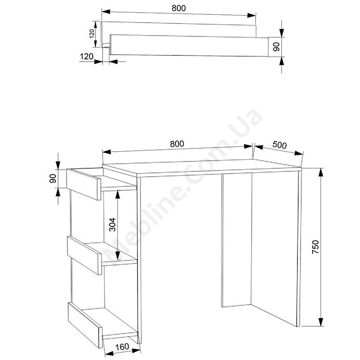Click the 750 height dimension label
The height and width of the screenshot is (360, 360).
tap(316, 247)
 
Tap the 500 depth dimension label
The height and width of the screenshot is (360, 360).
tap(279, 145)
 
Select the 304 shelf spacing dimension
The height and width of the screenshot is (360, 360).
tap(112, 225)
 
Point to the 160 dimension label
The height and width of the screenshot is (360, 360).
tap(122, 346)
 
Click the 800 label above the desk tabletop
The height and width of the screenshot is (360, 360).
tap(177, 144)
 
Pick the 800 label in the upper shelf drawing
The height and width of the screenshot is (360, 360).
tap(179, 8)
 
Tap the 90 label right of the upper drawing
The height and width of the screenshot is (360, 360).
tap(276, 47)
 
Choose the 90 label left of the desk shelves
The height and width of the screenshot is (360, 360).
tap(53, 178)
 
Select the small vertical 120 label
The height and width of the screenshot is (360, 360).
tap(92, 34)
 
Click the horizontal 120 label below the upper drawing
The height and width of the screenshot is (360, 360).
tap(86, 57)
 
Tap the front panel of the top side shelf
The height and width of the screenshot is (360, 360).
tap(84, 184)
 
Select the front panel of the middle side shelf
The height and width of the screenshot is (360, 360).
tap(84, 255)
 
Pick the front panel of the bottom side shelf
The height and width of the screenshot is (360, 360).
tap(85, 325)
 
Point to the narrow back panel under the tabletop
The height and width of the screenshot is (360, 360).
tap(237, 240)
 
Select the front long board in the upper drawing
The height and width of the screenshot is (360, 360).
tap(189, 45)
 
